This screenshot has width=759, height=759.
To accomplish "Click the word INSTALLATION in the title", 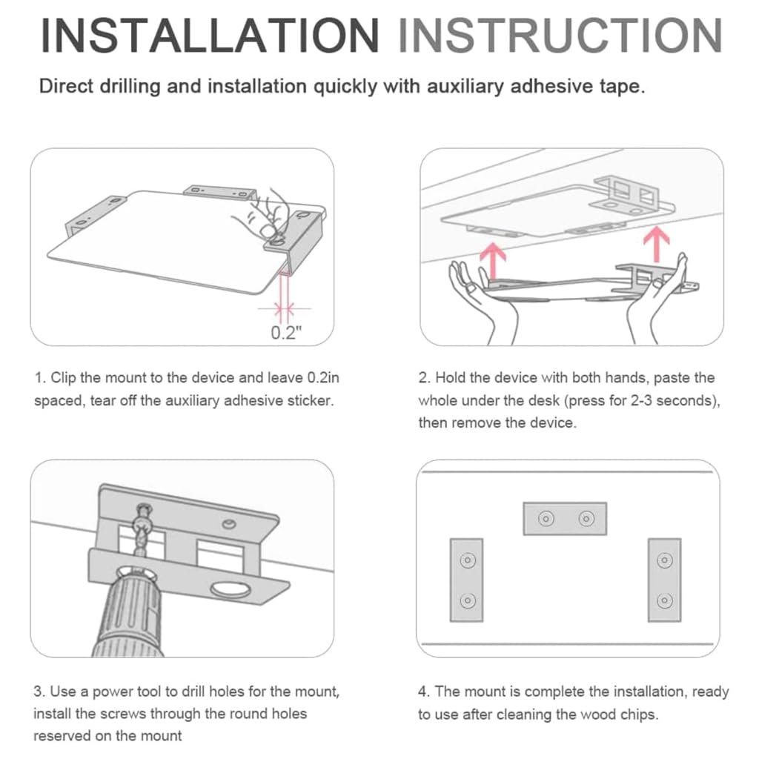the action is (210, 35).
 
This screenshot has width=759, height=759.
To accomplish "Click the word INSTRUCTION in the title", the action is (560, 35).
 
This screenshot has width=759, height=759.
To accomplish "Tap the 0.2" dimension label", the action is (286, 333).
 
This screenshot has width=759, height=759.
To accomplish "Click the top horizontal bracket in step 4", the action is (565, 518).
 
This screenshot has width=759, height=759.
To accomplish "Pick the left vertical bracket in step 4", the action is (467, 580).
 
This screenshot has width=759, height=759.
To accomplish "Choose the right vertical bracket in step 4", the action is (665, 580).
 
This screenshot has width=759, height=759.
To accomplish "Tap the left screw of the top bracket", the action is (546, 519).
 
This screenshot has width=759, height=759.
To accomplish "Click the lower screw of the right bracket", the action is (665, 600).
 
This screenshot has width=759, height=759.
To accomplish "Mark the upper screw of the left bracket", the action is (467, 560).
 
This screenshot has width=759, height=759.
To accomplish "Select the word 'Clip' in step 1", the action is (63, 377).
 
